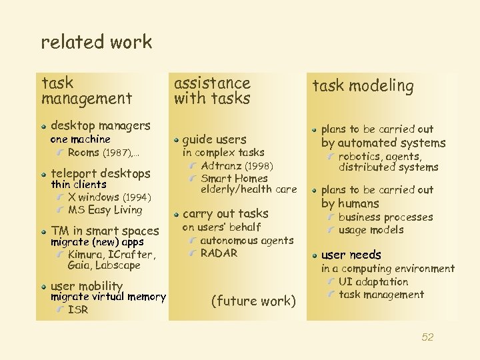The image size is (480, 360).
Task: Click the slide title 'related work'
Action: (x=97, y=42)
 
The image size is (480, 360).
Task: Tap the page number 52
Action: (x=427, y=337)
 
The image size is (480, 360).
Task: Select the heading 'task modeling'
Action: (x=364, y=86)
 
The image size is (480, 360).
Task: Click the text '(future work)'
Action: (x=253, y=301)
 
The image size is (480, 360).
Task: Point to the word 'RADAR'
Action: (x=219, y=253)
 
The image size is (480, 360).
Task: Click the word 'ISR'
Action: (x=78, y=309)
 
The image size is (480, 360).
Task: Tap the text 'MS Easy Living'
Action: (x=105, y=210)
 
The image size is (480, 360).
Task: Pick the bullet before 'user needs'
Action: (x=314, y=255)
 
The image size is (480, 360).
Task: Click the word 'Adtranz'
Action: (x=221, y=165)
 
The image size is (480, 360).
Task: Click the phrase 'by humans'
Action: (x=350, y=203)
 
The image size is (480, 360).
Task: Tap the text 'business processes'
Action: (x=386, y=217)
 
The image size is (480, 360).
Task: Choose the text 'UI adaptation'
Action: (x=373, y=282)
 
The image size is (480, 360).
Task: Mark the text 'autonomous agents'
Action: (x=247, y=240)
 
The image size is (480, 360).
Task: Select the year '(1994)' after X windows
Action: (x=137, y=197)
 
